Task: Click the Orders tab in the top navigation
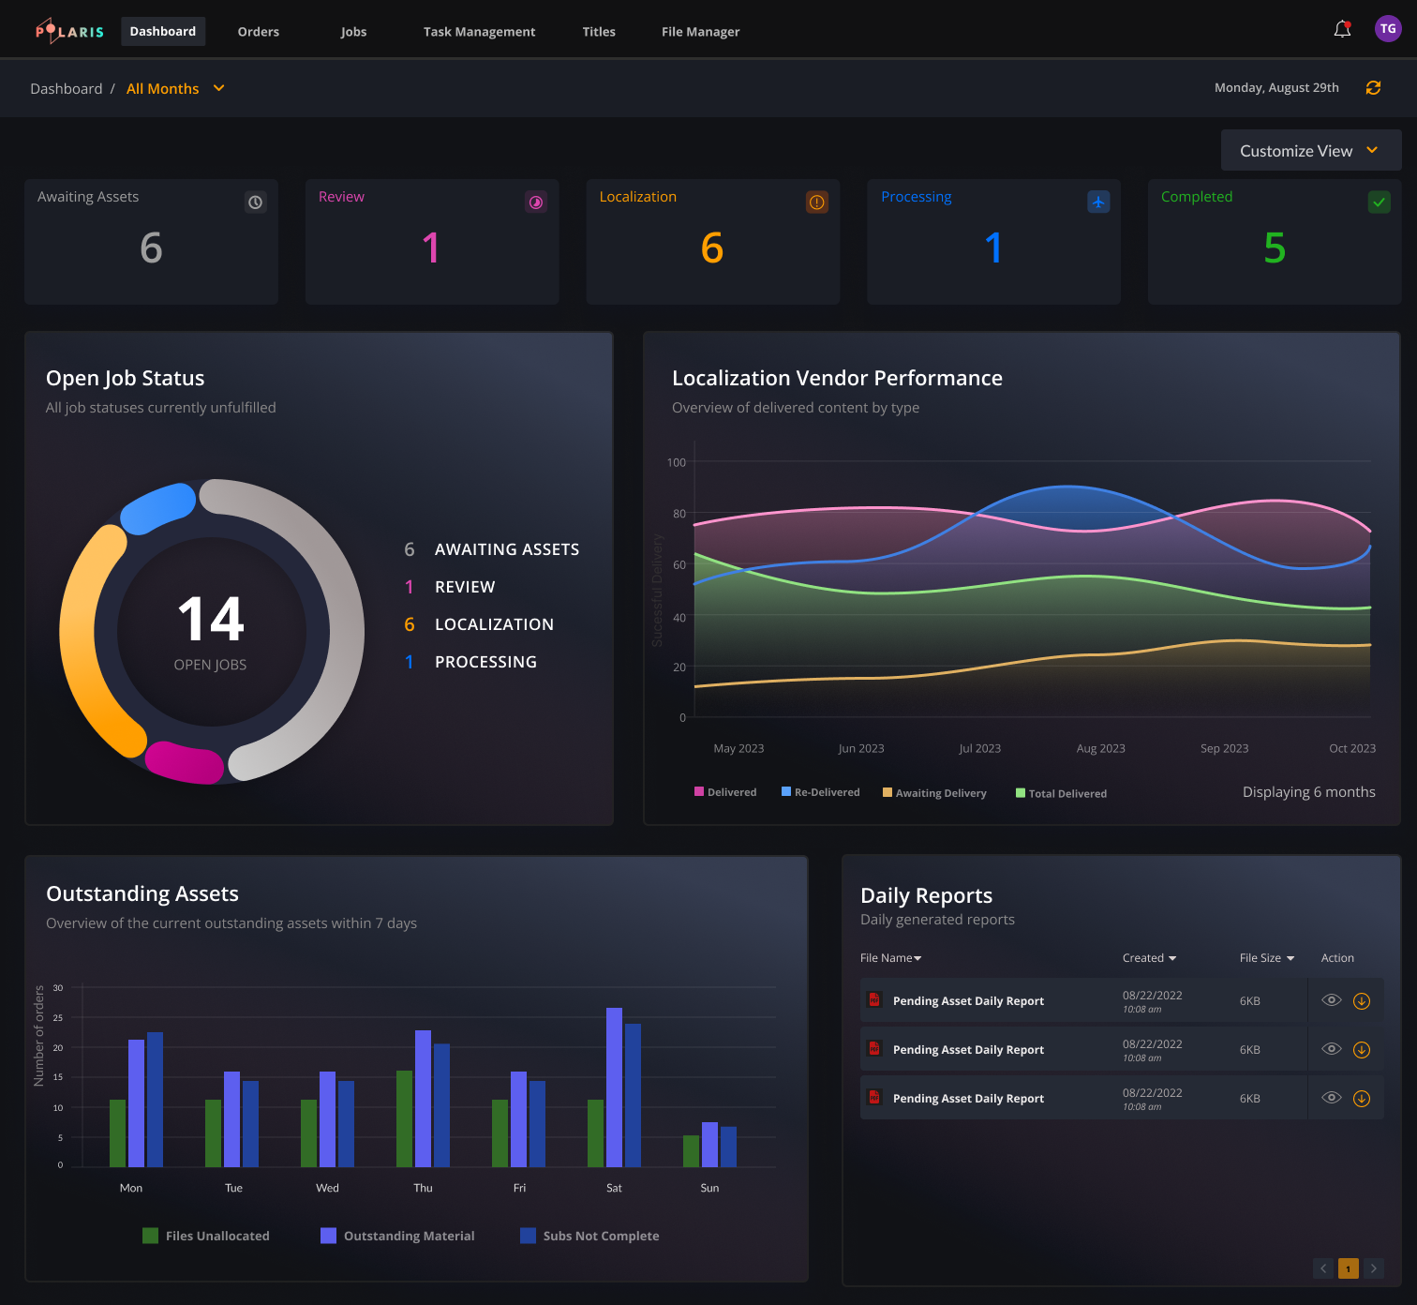pyautogui.click(x=258, y=32)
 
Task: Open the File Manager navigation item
pyautogui.click(x=700, y=32)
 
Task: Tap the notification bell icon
pyautogui.click(x=1342, y=30)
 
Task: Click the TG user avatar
pyautogui.click(x=1387, y=29)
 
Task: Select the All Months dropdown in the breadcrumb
pyautogui.click(x=175, y=89)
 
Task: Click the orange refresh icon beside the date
pyautogui.click(x=1373, y=88)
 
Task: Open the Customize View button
pyautogui.click(x=1310, y=151)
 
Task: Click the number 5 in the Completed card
pyautogui.click(x=1274, y=248)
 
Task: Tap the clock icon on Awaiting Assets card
pyautogui.click(x=255, y=202)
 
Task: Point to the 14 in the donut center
pyautogui.click(x=211, y=620)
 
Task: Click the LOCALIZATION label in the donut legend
pyautogui.click(x=494, y=624)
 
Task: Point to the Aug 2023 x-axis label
pyautogui.click(x=1100, y=749)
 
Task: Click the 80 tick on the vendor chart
pyautogui.click(x=679, y=514)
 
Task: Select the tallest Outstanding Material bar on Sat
pyautogui.click(x=614, y=1087)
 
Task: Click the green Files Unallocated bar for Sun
pyautogui.click(x=691, y=1151)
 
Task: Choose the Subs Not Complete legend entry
pyautogui.click(x=589, y=1237)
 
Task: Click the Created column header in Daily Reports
pyautogui.click(x=1148, y=958)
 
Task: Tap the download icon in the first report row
pyautogui.click(x=1362, y=1001)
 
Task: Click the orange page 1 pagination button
pyautogui.click(x=1348, y=1269)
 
